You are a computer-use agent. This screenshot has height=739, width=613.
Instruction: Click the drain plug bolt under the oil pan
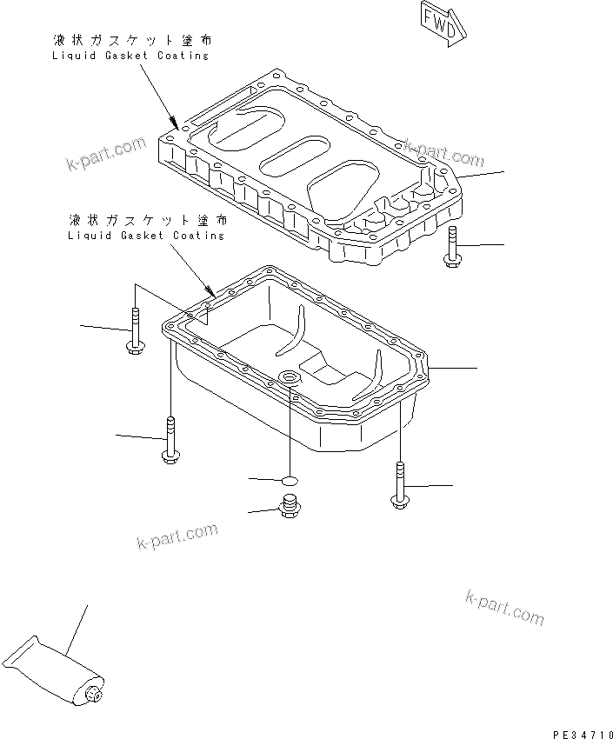tap(290, 504)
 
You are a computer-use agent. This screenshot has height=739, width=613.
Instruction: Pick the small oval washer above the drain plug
tap(290, 478)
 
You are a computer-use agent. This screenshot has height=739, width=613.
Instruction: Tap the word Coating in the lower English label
tap(197, 235)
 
